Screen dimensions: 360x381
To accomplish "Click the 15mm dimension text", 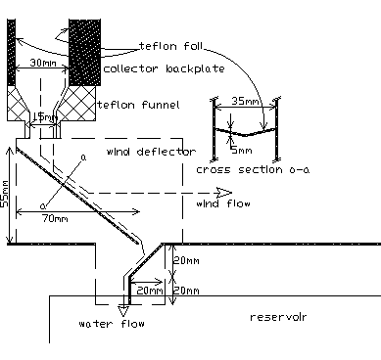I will click(x=45, y=117).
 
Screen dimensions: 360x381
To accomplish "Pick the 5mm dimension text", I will click(x=237, y=151).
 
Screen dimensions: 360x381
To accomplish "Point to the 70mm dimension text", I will click(x=56, y=218).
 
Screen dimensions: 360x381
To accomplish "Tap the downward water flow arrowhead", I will click(x=124, y=308).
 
